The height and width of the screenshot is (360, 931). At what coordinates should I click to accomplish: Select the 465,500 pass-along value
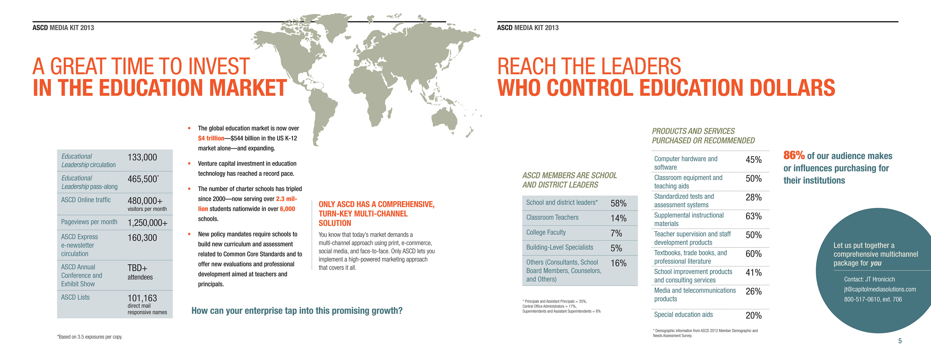click(x=142, y=179)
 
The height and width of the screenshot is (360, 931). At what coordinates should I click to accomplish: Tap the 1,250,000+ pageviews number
click(x=147, y=223)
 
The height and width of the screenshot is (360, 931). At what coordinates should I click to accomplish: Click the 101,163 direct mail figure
click(x=142, y=298)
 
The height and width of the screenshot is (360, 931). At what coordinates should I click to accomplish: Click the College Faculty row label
click(x=546, y=232)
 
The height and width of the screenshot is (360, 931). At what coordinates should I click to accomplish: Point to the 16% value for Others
click(x=618, y=263)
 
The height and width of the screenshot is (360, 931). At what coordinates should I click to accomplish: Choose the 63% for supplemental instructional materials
click(x=754, y=216)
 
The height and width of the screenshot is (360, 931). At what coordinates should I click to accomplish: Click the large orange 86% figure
click(x=794, y=155)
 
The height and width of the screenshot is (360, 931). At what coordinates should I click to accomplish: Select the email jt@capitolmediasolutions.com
click(x=880, y=289)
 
